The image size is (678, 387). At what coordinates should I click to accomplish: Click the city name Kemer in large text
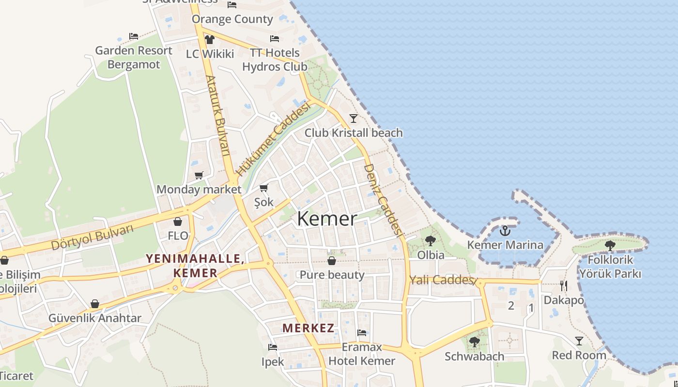coord(327,219)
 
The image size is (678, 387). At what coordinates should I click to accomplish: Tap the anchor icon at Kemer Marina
coord(505,231)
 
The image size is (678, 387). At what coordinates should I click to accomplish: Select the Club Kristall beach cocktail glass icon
coord(354,118)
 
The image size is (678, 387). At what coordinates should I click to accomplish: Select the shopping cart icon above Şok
coord(264,188)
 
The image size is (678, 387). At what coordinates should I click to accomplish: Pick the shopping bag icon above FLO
coord(178,222)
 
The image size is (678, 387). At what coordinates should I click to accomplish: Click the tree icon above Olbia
coord(430,240)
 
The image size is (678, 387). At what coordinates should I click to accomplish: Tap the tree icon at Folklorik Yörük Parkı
coord(610,245)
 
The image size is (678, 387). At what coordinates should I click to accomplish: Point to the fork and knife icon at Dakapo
coord(563,285)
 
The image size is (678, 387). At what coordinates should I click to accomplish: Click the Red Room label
coord(579,356)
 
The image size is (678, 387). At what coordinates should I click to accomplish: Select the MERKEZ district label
coord(308,328)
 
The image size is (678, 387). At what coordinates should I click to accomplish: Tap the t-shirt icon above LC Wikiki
coord(210,40)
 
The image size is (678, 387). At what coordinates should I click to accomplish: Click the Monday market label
coord(199,189)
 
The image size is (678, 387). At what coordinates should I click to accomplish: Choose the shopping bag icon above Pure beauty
coord(332,261)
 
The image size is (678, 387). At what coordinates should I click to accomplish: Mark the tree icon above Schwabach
coord(475,342)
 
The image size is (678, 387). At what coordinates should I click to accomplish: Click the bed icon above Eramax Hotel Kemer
coord(362,333)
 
